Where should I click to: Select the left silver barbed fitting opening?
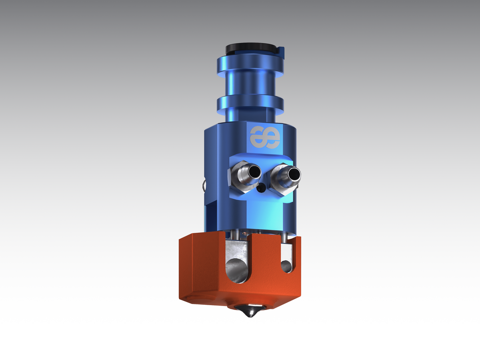click(254, 173)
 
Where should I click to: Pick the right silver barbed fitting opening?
click(295, 174)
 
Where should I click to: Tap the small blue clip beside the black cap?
click(282, 52)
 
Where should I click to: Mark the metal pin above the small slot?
click(284, 238)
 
